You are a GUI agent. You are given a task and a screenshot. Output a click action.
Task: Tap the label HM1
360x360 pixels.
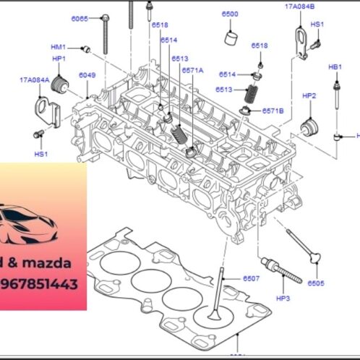click(59, 47)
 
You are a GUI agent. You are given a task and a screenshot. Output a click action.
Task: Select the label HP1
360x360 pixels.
click(59, 59)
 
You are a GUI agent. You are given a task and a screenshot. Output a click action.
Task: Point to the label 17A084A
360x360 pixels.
click(35, 80)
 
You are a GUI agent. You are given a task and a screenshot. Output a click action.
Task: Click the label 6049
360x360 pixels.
click(87, 75)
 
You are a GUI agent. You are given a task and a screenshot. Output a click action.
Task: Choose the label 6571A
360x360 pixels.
click(193, 70)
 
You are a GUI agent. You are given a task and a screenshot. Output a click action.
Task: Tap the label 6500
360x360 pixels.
click(230, 14)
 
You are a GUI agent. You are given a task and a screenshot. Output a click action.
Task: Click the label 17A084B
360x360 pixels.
click(299, 6)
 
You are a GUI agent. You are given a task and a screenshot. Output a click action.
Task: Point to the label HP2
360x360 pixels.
click(309, 95)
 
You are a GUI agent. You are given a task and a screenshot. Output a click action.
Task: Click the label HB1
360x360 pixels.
click(335, 67)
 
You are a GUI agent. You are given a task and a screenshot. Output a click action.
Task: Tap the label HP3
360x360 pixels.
click(283, 298)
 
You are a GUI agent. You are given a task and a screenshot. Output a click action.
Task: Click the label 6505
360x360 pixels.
click(316, 283)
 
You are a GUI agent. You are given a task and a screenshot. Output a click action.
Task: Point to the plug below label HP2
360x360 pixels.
click(310, 127)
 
